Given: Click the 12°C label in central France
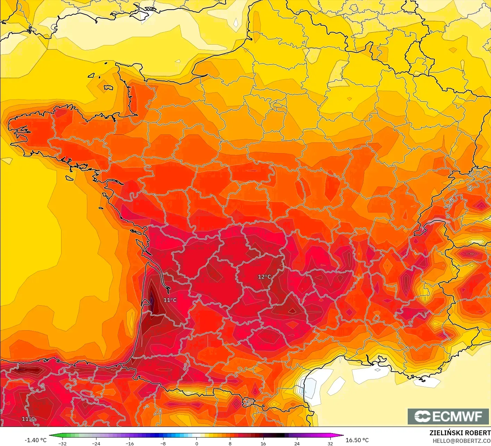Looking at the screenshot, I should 264,277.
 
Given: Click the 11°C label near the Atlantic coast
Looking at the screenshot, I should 170,300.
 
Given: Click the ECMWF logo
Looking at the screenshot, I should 448,416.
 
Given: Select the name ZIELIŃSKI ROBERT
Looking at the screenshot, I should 460,433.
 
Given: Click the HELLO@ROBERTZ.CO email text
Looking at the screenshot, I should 462,441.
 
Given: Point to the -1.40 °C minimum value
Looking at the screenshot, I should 35,440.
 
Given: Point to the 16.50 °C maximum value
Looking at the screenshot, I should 357,440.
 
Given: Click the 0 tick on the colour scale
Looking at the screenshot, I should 196,443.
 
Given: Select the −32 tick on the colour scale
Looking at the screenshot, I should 62,443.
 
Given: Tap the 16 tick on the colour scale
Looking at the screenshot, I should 263,443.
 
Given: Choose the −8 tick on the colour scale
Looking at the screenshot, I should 163,443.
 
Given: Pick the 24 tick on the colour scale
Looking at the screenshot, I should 297,443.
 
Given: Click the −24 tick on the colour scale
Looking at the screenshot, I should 96,443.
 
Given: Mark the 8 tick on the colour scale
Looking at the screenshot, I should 230,443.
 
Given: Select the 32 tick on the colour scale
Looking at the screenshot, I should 330,443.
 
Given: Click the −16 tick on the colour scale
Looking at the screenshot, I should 129,443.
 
